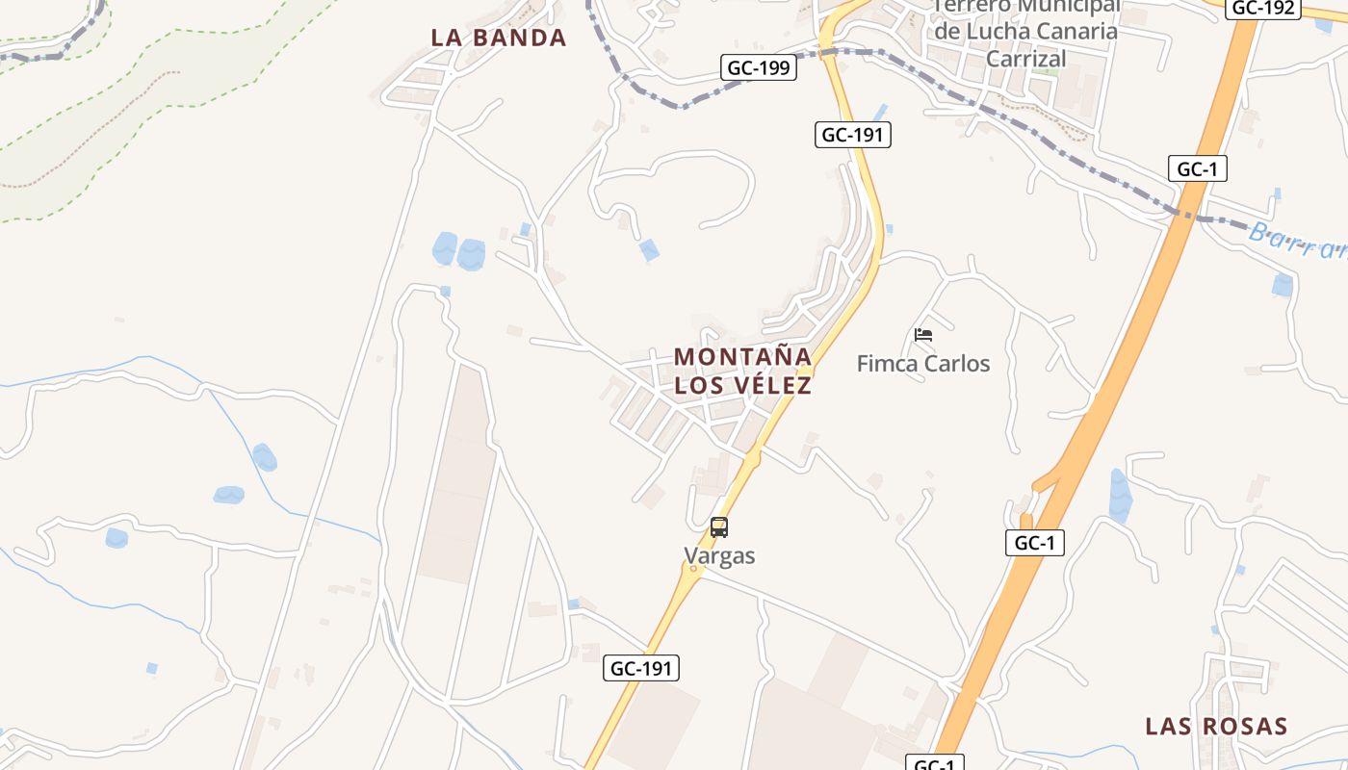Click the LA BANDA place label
498,38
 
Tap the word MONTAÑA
742,357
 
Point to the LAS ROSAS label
1215,726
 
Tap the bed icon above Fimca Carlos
923,335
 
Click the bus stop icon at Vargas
719,527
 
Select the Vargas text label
719,556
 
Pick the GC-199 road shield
758,67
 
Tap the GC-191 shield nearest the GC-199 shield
852,135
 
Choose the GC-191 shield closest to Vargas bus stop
641,668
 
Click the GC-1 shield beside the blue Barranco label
1197,169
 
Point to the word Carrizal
1027,59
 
